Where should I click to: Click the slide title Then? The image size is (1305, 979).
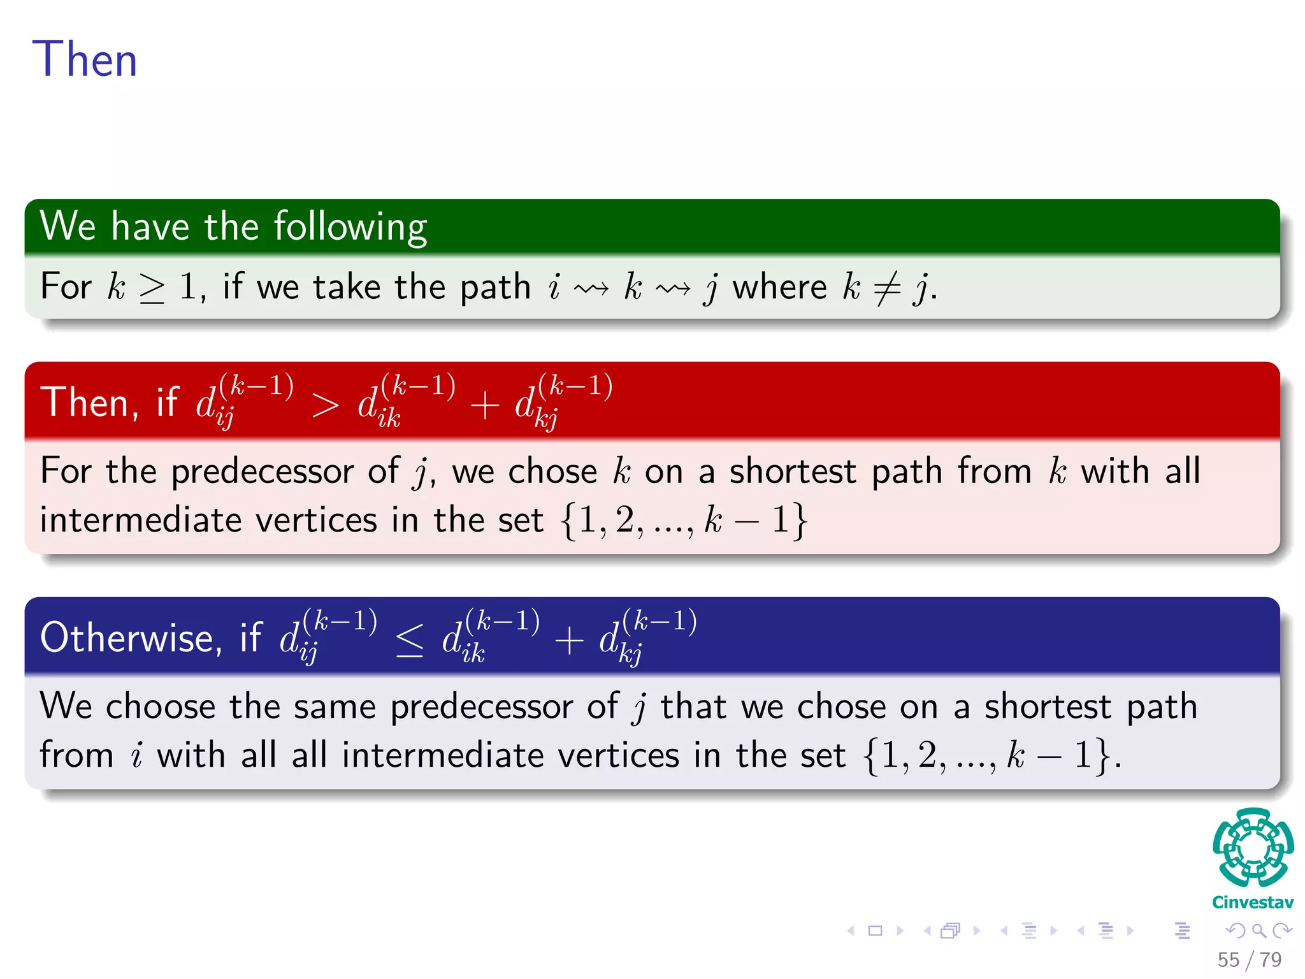(84, 59)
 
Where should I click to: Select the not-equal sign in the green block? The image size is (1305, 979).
(886, 288)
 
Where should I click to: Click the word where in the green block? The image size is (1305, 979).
(779, 287)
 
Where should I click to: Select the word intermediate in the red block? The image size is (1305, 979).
(141, 520)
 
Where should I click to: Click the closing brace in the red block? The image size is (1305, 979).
(799, 521)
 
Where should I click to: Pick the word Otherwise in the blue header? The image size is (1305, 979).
(131, 637)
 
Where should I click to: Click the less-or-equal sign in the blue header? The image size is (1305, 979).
(409, 640)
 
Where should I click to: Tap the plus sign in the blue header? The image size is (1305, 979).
(568, 640)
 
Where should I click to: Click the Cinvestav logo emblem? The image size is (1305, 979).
(1252, 848)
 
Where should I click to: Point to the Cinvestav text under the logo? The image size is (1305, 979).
(1252, 903)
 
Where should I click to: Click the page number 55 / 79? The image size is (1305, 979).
(1249, 959)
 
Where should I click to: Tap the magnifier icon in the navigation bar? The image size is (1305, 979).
(1258, 931)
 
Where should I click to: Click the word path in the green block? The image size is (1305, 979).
(495, 288)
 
